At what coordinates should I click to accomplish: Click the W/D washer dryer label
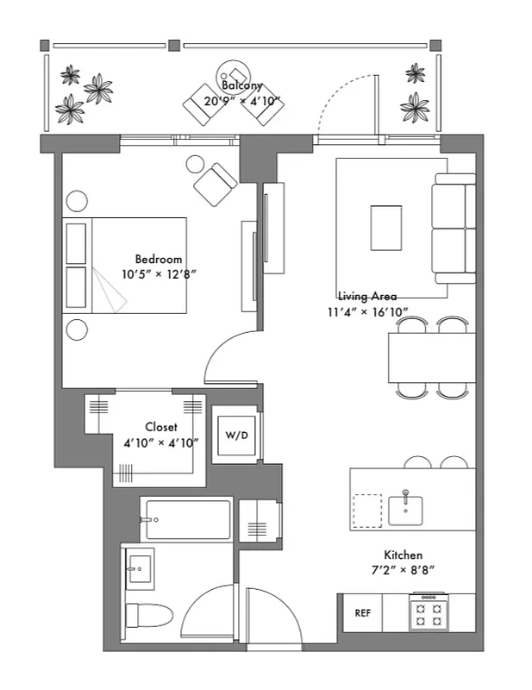coord(236,435)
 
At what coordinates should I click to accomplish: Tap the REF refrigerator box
coord(362,613)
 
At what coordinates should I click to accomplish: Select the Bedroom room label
coord(159,259)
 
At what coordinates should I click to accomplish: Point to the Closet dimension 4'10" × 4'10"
coord(161,442)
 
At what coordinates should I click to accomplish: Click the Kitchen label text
coord(403,555)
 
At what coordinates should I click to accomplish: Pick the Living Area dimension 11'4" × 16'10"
coord(367,311)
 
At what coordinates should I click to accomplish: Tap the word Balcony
coord(241,86)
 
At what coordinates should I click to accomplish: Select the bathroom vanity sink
coord(139,567)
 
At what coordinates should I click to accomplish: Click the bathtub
coord(187,519)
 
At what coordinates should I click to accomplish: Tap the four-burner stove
coord(429,612)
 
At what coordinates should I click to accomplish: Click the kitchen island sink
coord(405,507)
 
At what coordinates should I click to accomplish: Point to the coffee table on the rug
coord(386,227)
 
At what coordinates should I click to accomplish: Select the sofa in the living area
coord(455,228)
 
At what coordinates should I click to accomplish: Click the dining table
coord(431,357)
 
